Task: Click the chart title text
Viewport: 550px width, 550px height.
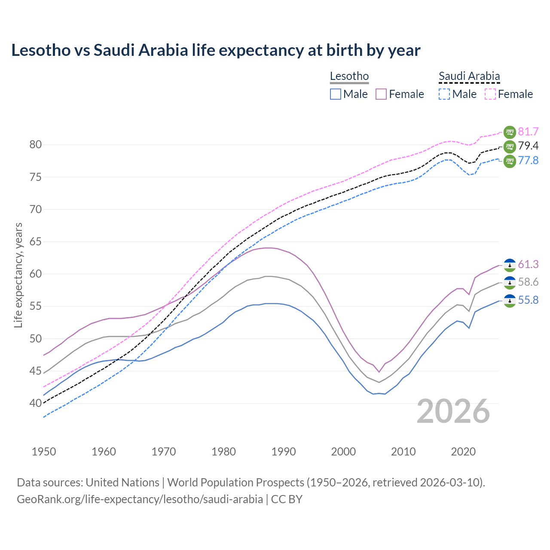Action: [216, 50]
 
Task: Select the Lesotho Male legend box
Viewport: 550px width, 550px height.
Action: [336, 94]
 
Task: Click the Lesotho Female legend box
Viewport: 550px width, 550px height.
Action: [381, 94]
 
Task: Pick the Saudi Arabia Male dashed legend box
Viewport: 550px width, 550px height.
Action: [444, 94]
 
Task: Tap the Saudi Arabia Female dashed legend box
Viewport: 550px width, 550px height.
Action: [490, 94]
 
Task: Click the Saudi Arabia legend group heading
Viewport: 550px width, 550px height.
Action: [469, 76]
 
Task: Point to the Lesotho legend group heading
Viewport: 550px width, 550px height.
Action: [349, 76]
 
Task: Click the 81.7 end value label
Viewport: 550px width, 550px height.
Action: [528, 132]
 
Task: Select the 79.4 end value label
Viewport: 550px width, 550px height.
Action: [528, 146]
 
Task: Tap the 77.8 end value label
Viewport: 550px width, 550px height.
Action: [528, 161]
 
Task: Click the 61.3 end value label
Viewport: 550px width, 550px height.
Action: [528, 265]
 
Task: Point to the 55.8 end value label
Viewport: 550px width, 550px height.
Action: [528, 300]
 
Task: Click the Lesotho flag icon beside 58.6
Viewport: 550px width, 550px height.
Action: [510, 283]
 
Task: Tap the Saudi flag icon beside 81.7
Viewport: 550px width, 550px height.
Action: [510, 132]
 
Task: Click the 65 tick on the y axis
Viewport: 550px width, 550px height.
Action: [36, 242]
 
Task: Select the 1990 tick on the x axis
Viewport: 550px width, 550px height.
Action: [284, 452]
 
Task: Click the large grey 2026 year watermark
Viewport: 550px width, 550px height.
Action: [453, 411]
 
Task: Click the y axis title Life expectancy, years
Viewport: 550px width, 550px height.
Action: [18, 275]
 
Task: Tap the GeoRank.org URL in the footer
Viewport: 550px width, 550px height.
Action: [140, 499]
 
